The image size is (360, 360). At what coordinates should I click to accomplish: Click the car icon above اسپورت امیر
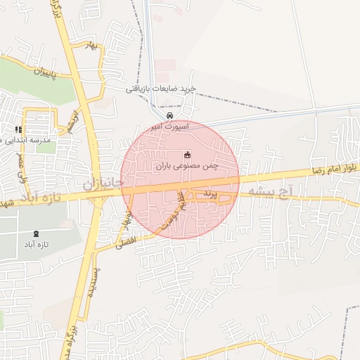169,116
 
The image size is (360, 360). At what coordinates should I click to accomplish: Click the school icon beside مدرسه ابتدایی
18,130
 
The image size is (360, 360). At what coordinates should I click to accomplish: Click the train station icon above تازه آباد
37,233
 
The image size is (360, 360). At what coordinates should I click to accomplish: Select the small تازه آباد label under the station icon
37,245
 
